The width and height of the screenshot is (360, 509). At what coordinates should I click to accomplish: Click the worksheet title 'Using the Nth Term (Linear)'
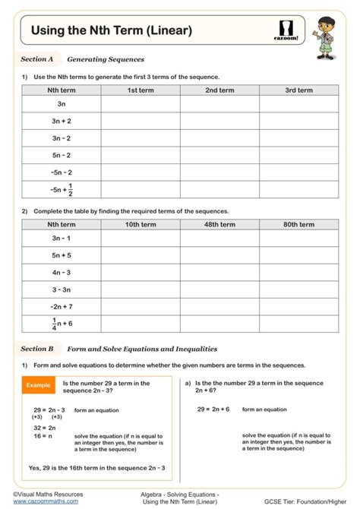tap(111, 30)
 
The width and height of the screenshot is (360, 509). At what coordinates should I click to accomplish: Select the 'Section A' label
tap(37, 58)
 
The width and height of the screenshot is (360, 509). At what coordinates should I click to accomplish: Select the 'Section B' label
tap(37, 349)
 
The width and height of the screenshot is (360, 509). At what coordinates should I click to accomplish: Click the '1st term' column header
tap(141, 90)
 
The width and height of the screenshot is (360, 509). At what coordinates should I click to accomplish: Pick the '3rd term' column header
tap(298, 90)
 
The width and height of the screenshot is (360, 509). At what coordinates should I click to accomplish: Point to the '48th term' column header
tap(219, 225)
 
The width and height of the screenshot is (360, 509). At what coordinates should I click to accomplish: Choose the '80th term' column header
tap(298, 225)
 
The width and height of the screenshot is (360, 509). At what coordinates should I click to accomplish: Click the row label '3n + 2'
tap(62, 121)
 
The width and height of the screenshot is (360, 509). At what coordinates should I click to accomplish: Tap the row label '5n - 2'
tap(62, 155)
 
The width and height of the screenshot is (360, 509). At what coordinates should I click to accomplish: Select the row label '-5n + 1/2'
tap(62, 190)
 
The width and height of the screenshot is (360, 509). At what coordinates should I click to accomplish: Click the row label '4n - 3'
tap(62, 272)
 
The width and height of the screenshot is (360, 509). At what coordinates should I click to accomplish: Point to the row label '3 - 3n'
tap(62, 289)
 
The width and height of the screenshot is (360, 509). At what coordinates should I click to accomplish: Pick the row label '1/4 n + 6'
tap(62, 324)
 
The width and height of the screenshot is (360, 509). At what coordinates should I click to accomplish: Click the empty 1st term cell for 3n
tap(141, 104)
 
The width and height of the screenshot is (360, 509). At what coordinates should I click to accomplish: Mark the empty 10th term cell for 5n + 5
tap(141, 255)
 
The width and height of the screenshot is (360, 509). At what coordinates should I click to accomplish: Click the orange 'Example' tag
tap(38, 386)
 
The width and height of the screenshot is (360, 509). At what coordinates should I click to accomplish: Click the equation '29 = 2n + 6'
tap(213, 409)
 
